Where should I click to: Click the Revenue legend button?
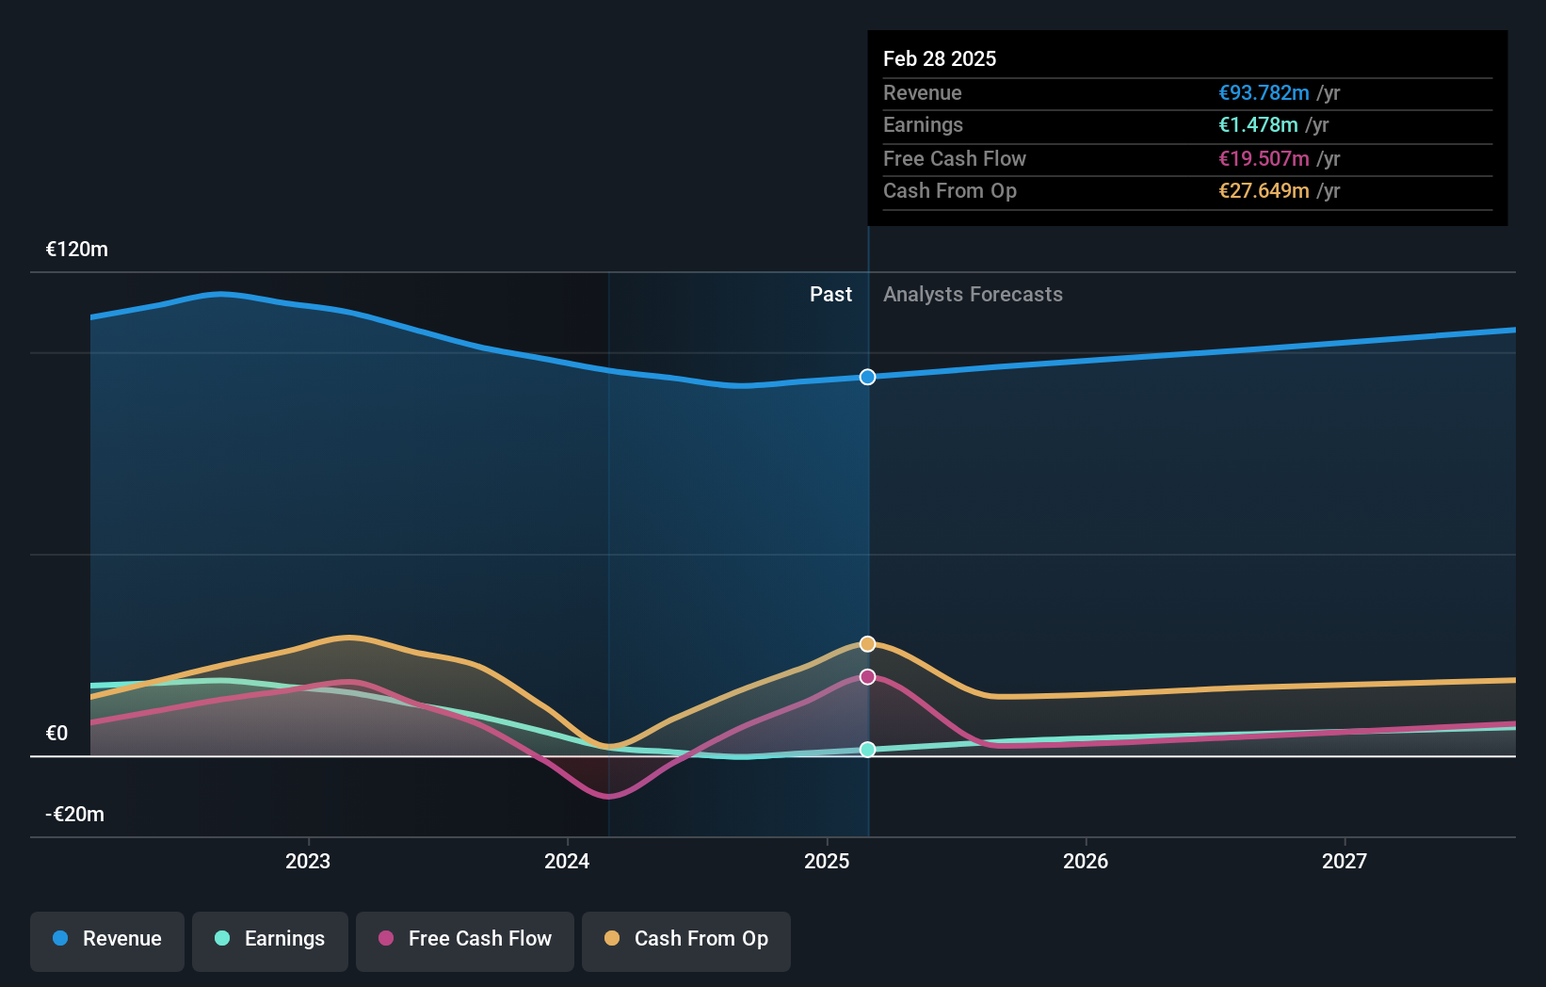(107, 939)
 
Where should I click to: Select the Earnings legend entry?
(270, 939)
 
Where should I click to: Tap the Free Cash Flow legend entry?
(465, 939)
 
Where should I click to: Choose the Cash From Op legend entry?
(686, 939)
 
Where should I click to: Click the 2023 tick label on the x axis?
(308, 861)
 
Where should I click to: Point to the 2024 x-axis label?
(567, 861)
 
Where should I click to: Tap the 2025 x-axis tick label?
(827, 861)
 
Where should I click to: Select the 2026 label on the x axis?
(1086, 861)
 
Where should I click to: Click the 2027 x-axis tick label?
(1345, 861)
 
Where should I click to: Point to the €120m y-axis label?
(77, 250)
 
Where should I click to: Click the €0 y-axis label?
(57, 733)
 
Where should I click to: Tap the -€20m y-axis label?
(75, 814)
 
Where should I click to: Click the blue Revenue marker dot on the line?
(867, 377)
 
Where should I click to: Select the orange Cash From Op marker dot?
(867, 644)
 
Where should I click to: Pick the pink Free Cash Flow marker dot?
(867, 677)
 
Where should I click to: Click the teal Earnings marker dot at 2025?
(867, 750)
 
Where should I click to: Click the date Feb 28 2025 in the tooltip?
(940, 58)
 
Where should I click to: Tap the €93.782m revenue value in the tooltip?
(1264, 92)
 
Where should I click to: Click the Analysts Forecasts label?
(973, 295)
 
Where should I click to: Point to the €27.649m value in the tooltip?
(1264, 190)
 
